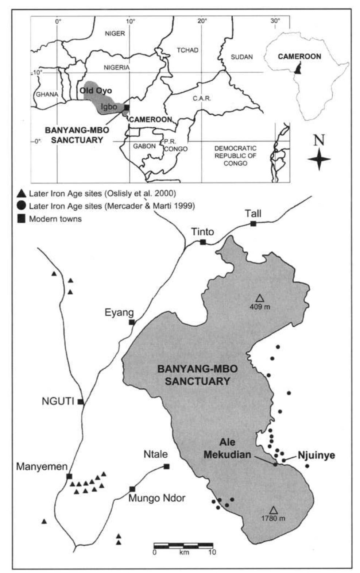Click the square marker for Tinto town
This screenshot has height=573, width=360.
tap(203, 242)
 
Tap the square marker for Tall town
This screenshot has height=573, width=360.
tap(253, 223)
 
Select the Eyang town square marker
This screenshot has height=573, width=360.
tap(132, 322)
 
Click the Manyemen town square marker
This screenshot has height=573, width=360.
tap(69, 476)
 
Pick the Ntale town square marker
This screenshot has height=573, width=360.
tap(167, 466)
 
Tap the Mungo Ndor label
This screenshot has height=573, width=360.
tap(156, 498)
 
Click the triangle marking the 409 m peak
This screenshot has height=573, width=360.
tap(259, 298)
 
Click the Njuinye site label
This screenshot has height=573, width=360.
tap(316, 455)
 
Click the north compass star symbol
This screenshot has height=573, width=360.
tap(319, 159)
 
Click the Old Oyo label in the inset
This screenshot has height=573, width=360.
tap(96, 90)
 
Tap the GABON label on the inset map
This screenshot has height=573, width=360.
tap(144, 146)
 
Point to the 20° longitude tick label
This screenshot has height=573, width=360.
tap(202, 21)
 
